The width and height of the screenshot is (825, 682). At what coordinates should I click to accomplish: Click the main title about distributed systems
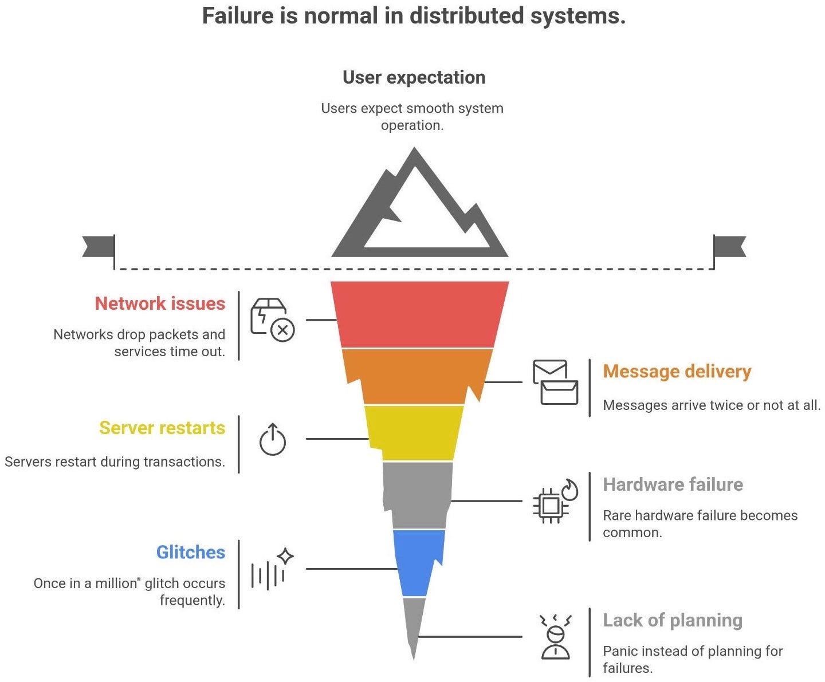click(x=414, y=15)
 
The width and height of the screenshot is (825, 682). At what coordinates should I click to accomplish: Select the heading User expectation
click(x=414, y=77)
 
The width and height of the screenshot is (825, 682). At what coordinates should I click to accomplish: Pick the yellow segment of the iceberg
click(x=415, y=432)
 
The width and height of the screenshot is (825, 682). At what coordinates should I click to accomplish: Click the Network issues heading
click(x=160, y=303)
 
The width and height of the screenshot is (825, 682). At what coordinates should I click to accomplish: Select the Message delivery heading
click(x=677, y=371)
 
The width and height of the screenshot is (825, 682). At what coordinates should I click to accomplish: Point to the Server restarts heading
click(x=162, y=428)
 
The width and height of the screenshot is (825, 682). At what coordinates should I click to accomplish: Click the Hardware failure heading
click(x=673, y=484)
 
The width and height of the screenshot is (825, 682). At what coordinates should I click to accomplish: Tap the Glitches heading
click(x=191, y=552)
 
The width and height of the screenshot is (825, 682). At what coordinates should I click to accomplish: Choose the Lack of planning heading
click(x=673, y=620)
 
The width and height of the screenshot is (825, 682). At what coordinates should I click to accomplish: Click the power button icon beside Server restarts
click(x=273, y=439)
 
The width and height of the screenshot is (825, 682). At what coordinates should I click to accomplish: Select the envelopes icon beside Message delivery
click(x=555, y=382)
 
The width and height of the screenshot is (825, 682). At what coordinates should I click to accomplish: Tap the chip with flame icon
click(x=555, y=501)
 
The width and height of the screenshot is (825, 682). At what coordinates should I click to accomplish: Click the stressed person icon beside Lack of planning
click(x=555, y=636)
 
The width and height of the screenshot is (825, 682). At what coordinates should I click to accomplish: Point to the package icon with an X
click(x=272, y=320)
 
